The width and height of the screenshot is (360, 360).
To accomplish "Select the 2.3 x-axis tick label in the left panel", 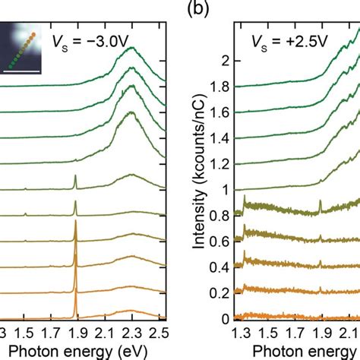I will coord(130,332).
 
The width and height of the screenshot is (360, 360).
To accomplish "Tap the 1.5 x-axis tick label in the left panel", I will coord(27,332).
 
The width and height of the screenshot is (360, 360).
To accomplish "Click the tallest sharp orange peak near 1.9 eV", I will coord(76,228).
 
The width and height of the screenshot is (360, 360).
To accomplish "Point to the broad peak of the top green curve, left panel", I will coord(131,50).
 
